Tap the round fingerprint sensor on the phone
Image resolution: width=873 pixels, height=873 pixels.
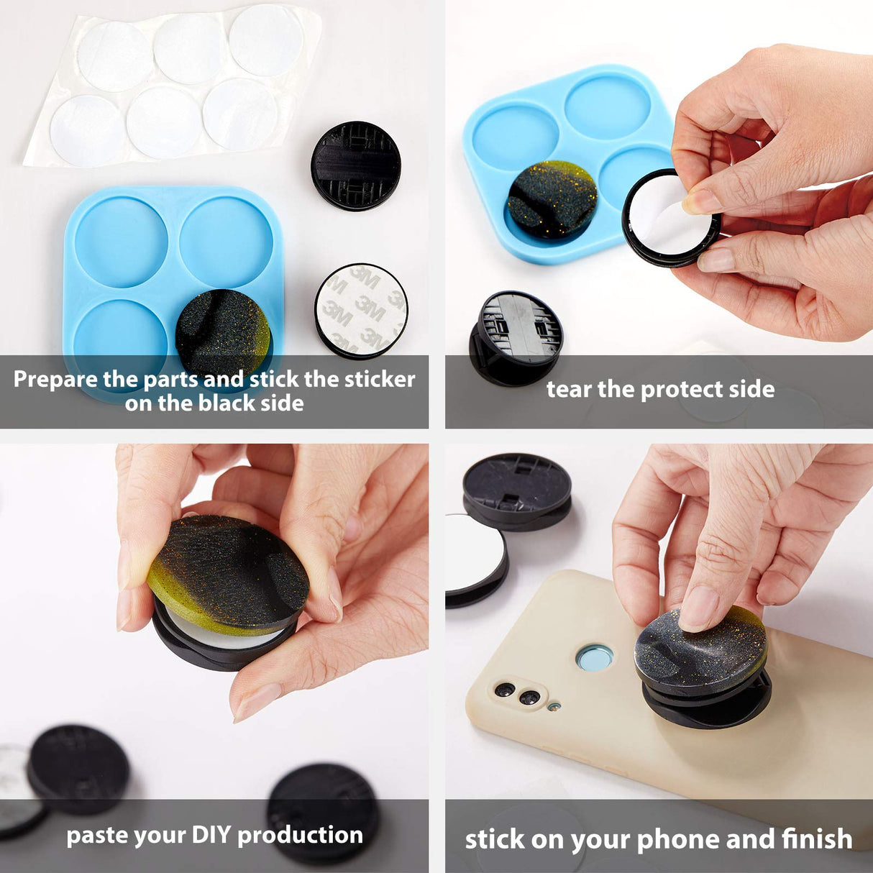595,657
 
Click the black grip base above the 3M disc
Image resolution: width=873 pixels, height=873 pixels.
356,165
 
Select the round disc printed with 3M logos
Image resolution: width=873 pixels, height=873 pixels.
362,310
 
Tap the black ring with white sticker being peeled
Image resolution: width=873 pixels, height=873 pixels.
670,218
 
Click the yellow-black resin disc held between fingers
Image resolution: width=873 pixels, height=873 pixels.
229,575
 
